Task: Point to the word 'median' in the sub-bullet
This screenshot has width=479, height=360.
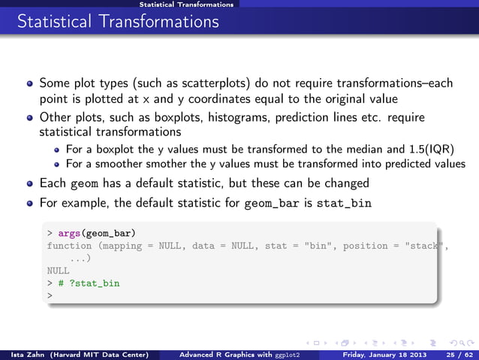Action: [365, 148]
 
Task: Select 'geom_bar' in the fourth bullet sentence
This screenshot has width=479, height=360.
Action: [270, 203]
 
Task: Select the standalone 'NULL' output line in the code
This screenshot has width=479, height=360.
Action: [58, 271]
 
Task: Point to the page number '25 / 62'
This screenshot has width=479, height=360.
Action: [456, 353]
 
